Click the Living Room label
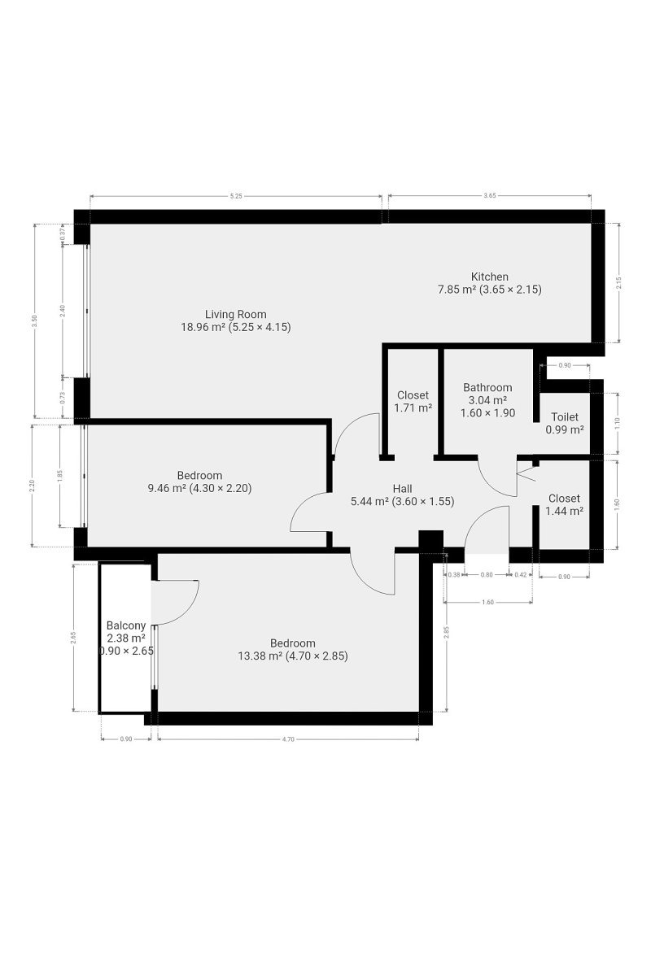point(235,314)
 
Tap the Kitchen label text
point(489,277)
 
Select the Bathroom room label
point(487,387)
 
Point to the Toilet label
point(565,417)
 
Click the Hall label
point(402,489)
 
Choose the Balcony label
point(126,625)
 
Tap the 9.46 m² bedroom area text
point(164,489)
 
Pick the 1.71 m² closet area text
point(413,408)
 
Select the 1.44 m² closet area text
point(564,511)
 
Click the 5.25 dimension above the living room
point(236,196)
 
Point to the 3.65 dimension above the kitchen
point(490,196)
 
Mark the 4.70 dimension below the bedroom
point(288,739)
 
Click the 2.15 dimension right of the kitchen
point(618,283)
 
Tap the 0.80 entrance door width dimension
point(486,575)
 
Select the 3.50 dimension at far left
point(35,320)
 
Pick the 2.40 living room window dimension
point(63,310)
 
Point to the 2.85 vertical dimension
point(446,632)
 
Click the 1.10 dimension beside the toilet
point(617,423)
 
